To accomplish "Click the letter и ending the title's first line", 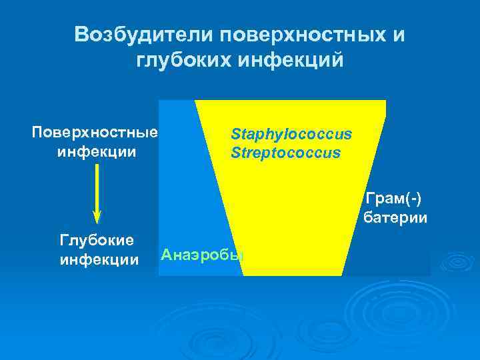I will tap(399, 35).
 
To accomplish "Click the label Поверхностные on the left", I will tap(95, 132).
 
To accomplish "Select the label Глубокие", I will tap(97, 239).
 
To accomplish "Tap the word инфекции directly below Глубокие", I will tap(99, 259).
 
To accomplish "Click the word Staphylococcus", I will tap(291, 135).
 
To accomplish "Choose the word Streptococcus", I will tap(285, 153).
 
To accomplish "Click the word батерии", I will tap(395, 217).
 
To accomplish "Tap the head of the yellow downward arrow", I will tap(97, 216).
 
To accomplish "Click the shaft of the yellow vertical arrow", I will tap(97, 187).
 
